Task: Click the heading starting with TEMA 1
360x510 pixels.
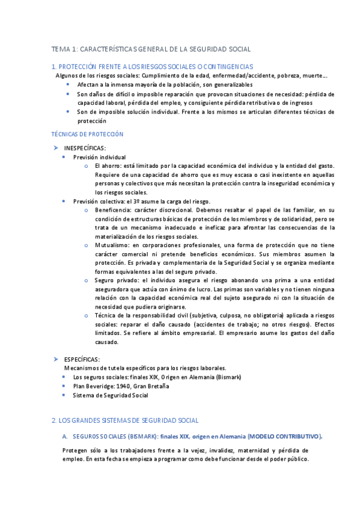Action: click(151, 49)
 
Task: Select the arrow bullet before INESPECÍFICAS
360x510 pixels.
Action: click(55, 147)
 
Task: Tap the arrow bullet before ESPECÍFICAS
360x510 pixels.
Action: click(55, 358)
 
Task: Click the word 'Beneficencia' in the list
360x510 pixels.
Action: click(112, 210)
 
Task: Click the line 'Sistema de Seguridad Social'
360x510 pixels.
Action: click(110, 395)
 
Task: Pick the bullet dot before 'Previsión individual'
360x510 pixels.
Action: click(65, 157)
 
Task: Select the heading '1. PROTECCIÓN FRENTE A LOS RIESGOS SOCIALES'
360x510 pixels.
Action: click(153, 66)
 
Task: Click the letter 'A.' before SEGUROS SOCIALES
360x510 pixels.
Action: click(65, 437)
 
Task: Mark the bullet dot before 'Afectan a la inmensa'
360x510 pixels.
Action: click(68, 85)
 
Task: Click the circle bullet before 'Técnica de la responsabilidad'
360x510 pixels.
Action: click(87, 315)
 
